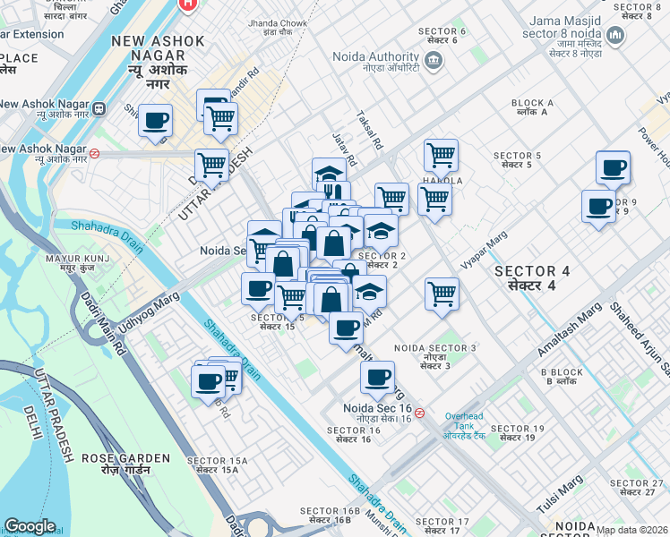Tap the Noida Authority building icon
click(434, 61)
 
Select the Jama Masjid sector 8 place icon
click(615, 36)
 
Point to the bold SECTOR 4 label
click(533, 277)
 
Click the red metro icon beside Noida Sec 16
click(420, 413)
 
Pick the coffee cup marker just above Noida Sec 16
click(378, 378)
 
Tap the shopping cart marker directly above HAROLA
click(441, 155)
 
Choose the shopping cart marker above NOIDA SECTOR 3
click(442, 294)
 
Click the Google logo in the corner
click(30, 526)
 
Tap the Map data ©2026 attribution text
click(631, 530)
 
